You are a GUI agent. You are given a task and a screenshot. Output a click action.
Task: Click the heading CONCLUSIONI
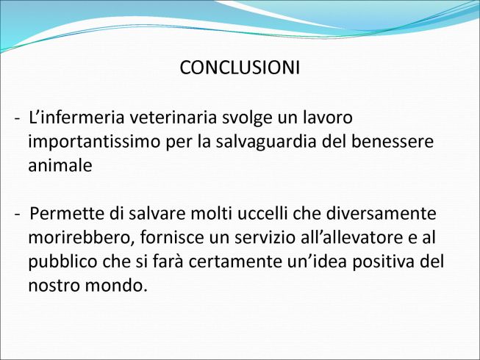click(240, 68)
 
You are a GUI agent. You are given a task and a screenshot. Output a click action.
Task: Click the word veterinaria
click(173, 118)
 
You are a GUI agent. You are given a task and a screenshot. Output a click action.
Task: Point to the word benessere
click(392, 142)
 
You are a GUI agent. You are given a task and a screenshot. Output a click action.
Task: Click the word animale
click(60, 165)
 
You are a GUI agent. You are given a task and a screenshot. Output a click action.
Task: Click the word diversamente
click(381, 214)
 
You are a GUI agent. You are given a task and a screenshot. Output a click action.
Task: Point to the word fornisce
click(172, 237)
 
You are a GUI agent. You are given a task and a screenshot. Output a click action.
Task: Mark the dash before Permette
click(18, 215)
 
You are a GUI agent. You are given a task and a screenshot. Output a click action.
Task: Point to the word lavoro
click(328, 118)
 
